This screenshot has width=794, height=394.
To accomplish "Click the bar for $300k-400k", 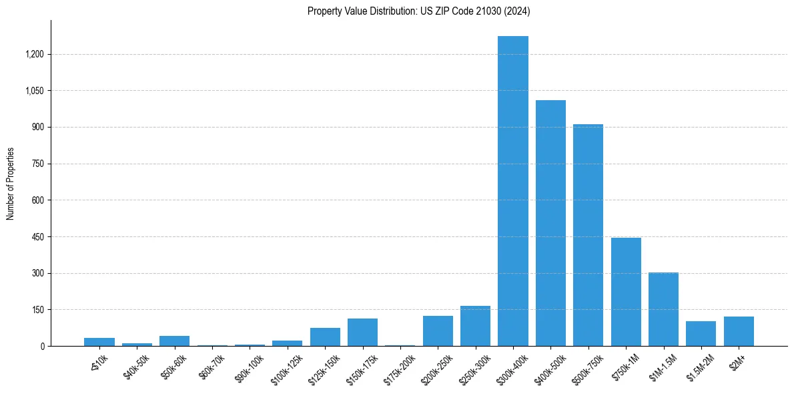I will tap(513, 191).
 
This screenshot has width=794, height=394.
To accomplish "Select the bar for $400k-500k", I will tap(550, 223).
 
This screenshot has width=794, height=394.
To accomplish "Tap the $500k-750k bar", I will tap(588, 235).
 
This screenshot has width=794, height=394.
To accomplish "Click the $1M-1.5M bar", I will tap(663, 309).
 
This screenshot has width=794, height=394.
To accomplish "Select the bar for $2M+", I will tap(739, 331).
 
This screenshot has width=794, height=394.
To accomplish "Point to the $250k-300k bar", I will tap(475, 326).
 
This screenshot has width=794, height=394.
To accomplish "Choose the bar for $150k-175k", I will tap(362, 333).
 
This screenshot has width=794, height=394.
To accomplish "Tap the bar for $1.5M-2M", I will tap(701, 333).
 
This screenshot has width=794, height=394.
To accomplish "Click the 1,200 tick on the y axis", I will tap(34, 54).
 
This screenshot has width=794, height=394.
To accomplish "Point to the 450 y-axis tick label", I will tap(38, 236).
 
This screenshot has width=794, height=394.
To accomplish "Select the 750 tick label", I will tap(38, 164).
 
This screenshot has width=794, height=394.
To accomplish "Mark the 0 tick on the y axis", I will tap(43, 346).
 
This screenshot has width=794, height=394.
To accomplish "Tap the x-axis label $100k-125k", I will tap(287, 369).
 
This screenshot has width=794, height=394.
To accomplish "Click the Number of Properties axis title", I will tap(10, 184).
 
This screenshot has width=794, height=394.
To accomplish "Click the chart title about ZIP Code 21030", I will tap(419, 11).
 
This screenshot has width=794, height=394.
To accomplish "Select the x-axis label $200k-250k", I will tap(437, 369).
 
